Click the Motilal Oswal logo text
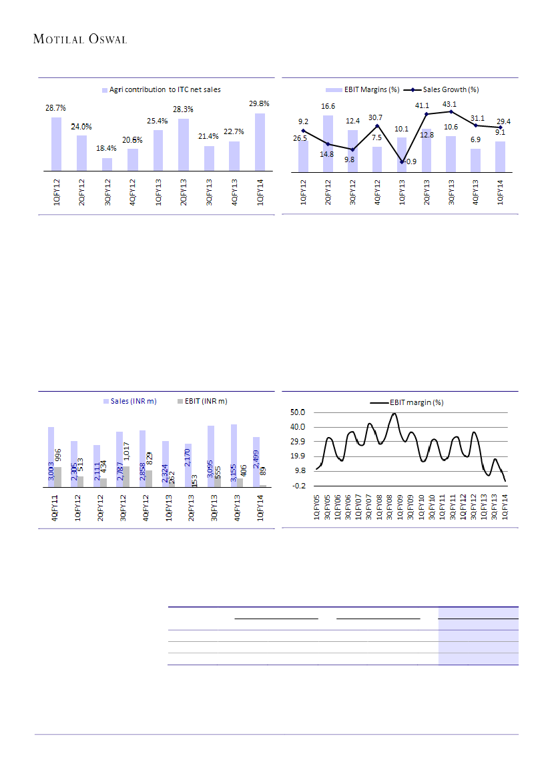[x=80, y=39]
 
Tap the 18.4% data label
[x=107, y=147]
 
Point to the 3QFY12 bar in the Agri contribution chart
[x=107, y=164]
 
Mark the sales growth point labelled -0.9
[x=402, y=162]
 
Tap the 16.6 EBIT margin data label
[x=328, y=106]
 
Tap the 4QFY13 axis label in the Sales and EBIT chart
[x=235, y=511]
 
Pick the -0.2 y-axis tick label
[x=299, y=486]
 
